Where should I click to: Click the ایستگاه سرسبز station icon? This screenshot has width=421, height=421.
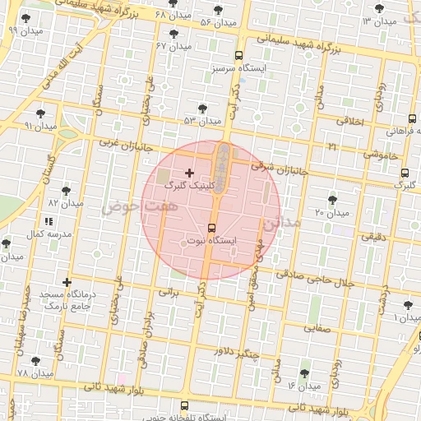pyautogui.click(x=238, y=56)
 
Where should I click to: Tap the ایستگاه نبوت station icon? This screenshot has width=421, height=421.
pyautogui.click(x=212, y=228)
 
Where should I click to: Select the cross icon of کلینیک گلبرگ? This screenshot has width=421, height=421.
pyautogui.click(x=190, y=173)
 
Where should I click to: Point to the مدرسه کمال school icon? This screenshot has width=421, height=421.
pyautogui.click(x=48, y=221)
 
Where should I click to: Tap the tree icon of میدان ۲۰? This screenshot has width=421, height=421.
pyautogui.click(x=332, y=200)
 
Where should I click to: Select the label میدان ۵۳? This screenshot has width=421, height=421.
pyautogui.click(x=203, y=121)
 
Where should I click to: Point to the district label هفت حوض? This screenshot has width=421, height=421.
pyautogui.click(x=130, y=210)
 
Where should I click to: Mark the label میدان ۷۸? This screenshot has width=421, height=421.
pyautogui.click(x=35, y=373)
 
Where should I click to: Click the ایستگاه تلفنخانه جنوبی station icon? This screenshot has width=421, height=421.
pyautogui.click(x=183, y=405)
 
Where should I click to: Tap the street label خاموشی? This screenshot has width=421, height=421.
pyautogui.click(x=381, y=154)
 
